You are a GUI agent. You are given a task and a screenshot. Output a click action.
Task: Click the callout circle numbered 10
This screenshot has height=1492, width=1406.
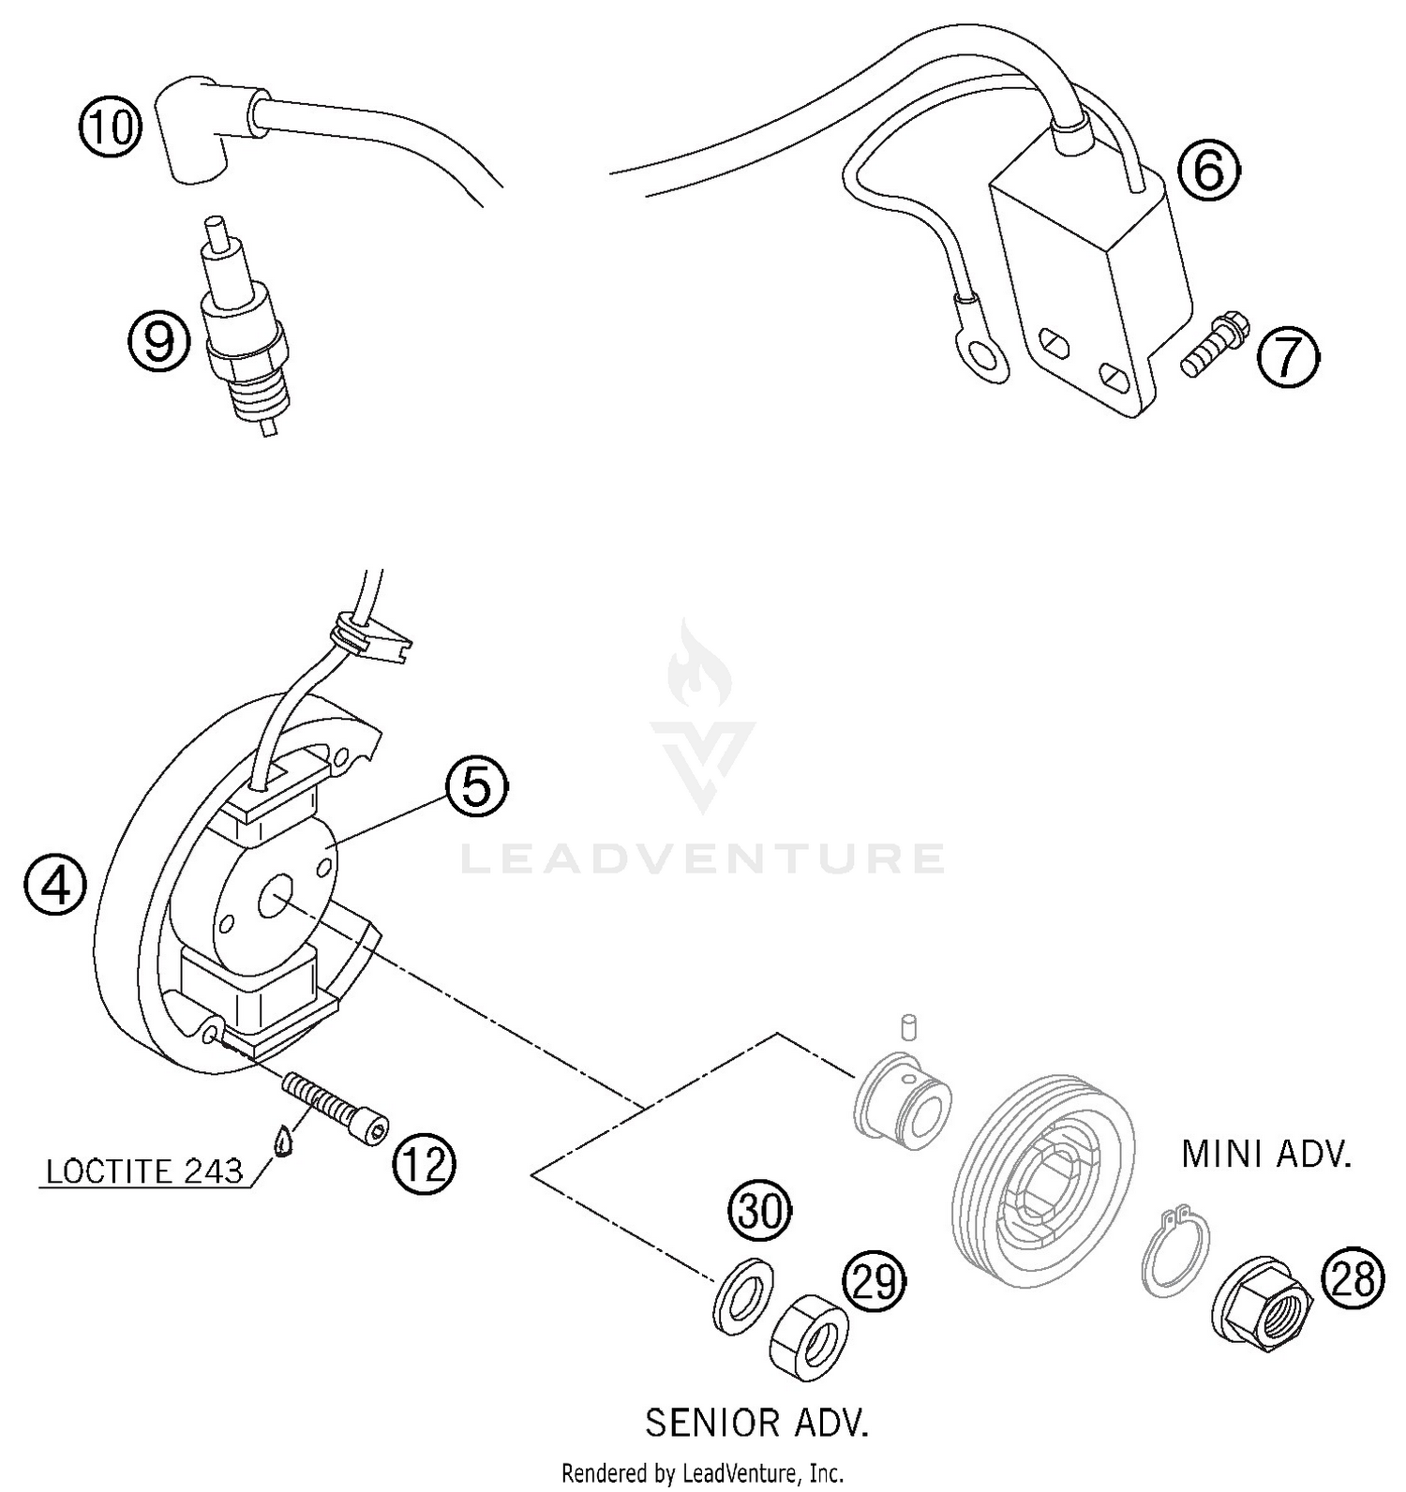[x=110, y=126]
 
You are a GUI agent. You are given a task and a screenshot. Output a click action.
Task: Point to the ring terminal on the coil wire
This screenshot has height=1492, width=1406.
[x=984, y=356]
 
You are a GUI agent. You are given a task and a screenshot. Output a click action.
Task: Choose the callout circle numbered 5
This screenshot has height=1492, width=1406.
[x=476, y=787]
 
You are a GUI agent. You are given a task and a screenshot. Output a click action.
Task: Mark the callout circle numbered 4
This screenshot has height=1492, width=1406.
[x=56, y=883]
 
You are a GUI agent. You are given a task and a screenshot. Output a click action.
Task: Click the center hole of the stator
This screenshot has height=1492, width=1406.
[x=277, y=897]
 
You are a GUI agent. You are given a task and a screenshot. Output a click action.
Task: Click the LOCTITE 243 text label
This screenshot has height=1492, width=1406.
[x=144, y=1171]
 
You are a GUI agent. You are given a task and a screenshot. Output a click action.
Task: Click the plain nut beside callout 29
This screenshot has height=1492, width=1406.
[x=808, y=1333]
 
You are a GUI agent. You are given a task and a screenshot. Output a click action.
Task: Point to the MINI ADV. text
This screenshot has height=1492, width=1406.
[x=1265, y=1155]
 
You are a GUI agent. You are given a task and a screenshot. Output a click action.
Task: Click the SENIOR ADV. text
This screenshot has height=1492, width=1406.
[x=756, y=1423]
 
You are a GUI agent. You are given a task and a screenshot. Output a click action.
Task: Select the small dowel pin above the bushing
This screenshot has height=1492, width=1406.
[x=906, y=1025]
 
